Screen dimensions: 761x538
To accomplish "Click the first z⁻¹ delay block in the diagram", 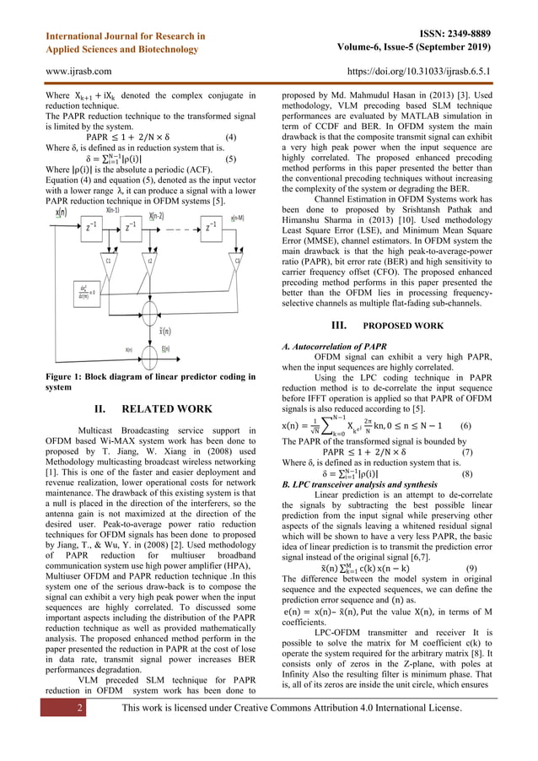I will pyautogui.click(x=89, y=227).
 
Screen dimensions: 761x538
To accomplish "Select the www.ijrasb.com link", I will pyautogui.click(x=76, y=72).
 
